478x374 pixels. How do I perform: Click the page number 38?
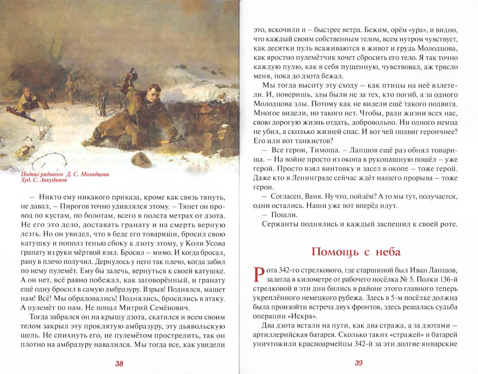tap(119, 363)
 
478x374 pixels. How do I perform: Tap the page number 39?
tap(358, 363)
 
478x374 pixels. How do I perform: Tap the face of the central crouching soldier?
tap(154, 91)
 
